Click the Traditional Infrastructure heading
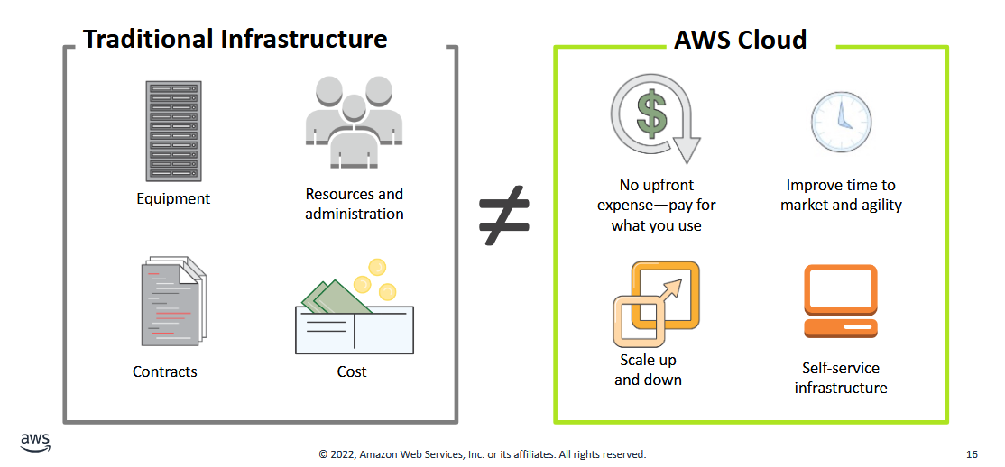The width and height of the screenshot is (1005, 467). (x=235, y=40)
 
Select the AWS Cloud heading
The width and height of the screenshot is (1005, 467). (x=740, y=40)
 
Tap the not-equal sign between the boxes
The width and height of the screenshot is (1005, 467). (x=503, y=217)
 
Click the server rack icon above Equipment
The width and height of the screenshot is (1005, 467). (x=173, y=131)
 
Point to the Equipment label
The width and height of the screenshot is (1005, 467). (x=173, y=198)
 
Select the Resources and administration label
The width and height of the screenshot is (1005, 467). (x=354, y=204)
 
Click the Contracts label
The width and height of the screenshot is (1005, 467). (x=165, y=371)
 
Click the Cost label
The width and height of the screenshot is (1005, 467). (x=352, y=371)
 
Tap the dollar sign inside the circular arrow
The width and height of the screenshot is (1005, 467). (x=651, y=114)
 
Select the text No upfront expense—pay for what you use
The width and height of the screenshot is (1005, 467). (x=656, y=205)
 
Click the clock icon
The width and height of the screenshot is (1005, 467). (x=841, y=122)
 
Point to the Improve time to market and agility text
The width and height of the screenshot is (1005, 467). (x=841, y=195)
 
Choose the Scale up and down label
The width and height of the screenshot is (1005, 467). (x=648, y=370)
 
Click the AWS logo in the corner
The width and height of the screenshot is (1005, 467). (x=35, y=442)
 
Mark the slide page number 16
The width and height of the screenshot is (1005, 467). (x=971, y=454)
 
